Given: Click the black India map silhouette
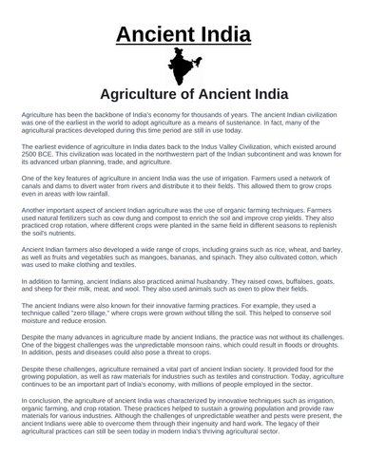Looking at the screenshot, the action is tap(183, 66).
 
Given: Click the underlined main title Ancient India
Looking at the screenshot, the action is tap(183, 36).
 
